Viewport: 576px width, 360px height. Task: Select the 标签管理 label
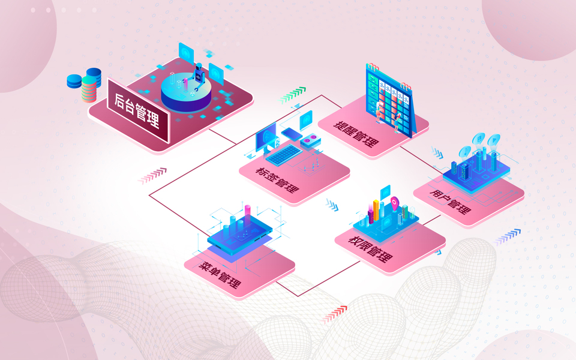coord(277,178)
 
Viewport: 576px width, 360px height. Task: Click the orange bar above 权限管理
coord(376,208)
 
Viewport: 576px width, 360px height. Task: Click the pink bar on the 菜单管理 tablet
coord(247,212)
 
